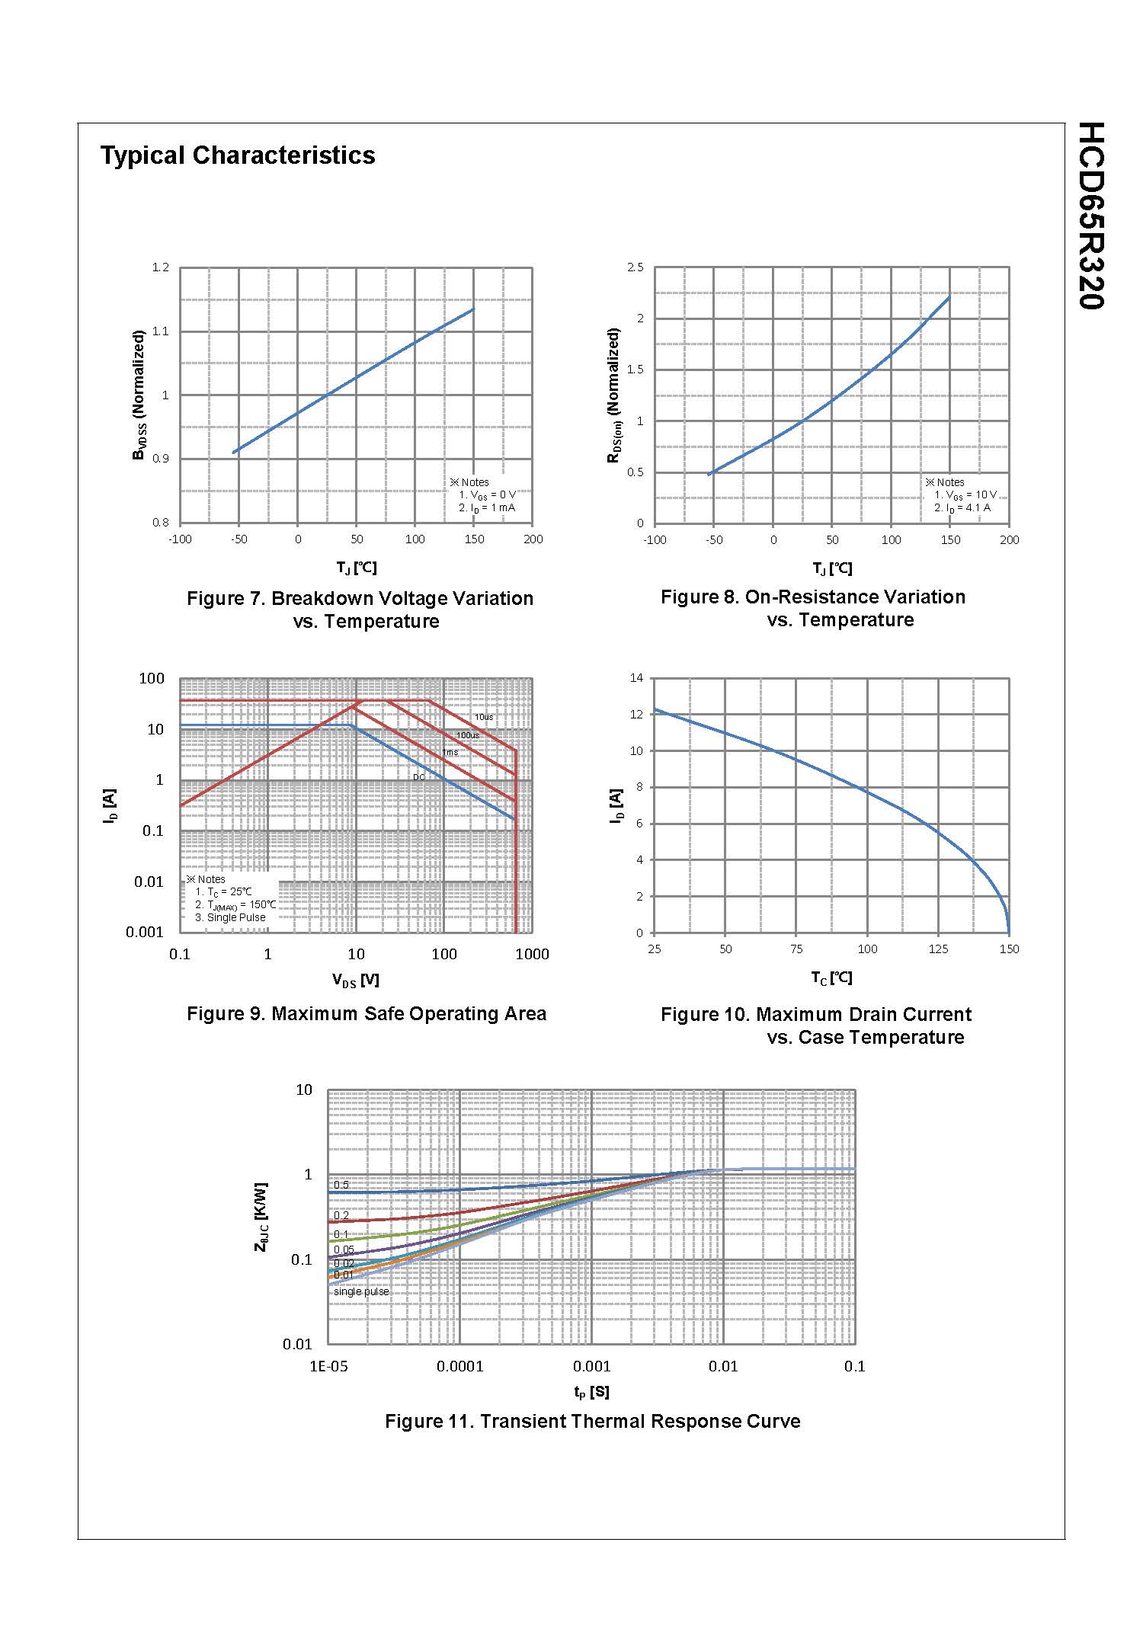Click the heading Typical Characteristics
238,155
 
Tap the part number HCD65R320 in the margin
1091,216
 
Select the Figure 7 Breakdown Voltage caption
360,610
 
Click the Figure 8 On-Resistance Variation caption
813,608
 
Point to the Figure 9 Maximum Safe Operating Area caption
367,1014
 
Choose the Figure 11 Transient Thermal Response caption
592,1422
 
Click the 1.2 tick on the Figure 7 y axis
160,267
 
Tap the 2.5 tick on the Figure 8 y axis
635,267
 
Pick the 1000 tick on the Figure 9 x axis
532,954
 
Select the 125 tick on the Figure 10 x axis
938,949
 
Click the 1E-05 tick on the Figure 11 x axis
328,1367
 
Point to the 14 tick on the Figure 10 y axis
636,678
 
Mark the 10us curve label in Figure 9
484,717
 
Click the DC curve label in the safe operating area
419,778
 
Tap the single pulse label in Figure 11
361,1291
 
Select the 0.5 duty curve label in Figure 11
341,1185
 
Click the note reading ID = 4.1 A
962,508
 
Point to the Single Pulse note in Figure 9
230,918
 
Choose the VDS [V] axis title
355,981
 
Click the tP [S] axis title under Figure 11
591,1392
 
